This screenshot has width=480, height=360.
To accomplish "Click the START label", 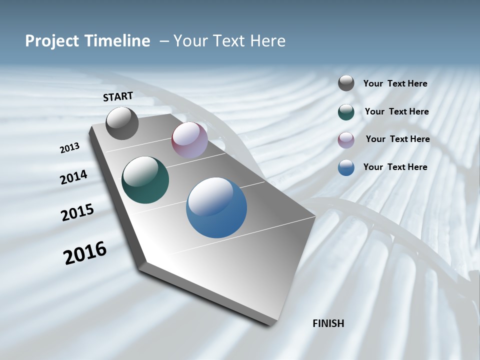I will point(118,96).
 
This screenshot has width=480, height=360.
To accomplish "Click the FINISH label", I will point(328,323).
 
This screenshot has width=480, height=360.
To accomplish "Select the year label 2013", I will point(70,147).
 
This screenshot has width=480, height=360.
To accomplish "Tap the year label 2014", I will point(74,177).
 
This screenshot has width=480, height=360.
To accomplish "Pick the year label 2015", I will point(77,212).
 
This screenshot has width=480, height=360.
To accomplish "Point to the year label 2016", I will point(85,252).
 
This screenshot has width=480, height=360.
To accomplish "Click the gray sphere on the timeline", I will point(122,123).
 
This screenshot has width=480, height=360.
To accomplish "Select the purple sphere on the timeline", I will point(189,139).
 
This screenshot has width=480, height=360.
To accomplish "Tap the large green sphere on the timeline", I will point(145,180).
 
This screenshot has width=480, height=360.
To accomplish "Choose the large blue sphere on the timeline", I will point(216,207).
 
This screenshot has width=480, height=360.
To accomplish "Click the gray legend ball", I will point(346,83).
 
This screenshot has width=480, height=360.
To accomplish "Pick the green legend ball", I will point(346,112).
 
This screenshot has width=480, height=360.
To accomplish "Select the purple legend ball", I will point(346,140).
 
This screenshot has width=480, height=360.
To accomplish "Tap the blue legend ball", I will point(346,167).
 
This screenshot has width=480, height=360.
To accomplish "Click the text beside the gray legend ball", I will point(395,84).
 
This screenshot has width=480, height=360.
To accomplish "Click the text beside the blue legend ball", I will point(395,167).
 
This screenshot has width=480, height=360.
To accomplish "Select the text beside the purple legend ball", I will point(397,139).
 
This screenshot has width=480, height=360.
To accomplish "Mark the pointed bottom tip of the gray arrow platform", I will point(270,325).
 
